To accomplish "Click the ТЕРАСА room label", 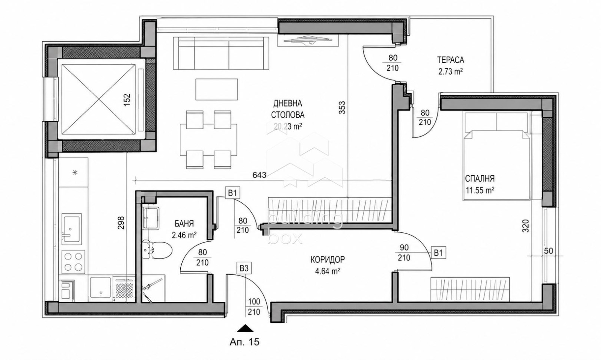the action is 450,60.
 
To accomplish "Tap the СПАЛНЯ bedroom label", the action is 480,179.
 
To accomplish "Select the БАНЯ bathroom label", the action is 184,224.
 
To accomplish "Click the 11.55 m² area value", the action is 480,190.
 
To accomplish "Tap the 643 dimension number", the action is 260,175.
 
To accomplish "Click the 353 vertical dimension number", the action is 342,107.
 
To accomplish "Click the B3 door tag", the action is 244,268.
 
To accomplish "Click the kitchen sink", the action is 72,229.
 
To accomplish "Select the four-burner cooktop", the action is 73,262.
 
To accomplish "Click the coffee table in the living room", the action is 217,89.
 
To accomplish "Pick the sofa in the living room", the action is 221,53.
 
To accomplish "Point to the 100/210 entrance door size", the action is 254,307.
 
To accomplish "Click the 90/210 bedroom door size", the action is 404,252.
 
